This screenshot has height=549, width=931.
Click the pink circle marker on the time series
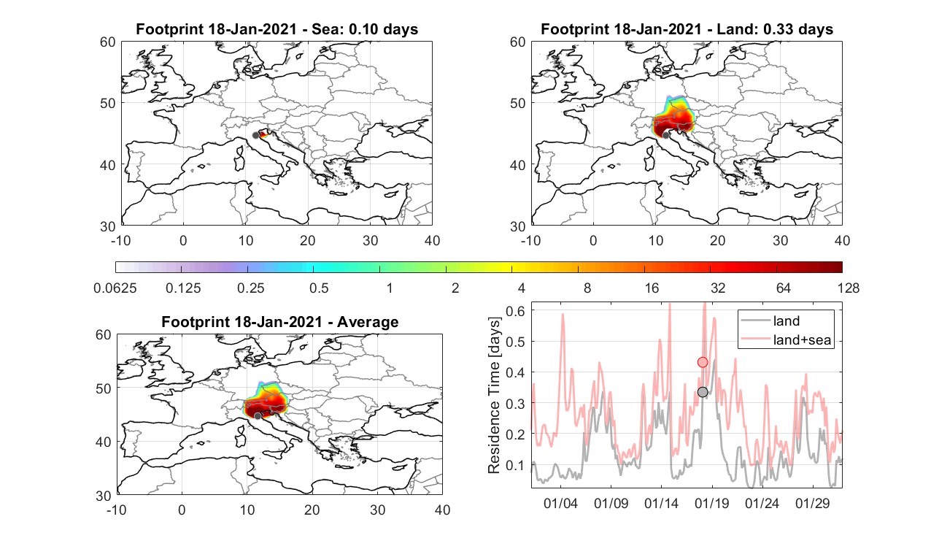tap(703, 362)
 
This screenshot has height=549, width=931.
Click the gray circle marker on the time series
tap(703, 392)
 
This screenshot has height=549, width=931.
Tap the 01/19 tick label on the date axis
tap(712, 503)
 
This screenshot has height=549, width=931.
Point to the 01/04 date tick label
tap(560, 503)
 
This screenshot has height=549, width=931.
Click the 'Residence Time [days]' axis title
tap(494, 396)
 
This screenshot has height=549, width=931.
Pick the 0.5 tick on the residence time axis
tap(515, 342)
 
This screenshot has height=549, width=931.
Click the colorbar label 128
tap(849, 288)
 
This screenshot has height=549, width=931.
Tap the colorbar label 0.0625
tap(115, 288)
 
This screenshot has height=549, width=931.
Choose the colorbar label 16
tap(652, 288)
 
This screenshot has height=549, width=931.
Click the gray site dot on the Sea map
tap(255, 136)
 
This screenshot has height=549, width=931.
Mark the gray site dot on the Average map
tap(258, 416)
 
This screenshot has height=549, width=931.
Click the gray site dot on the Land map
tap(665, 135)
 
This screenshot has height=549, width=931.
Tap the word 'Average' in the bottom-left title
tap(368, 322)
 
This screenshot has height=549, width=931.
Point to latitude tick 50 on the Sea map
tap(107, 104)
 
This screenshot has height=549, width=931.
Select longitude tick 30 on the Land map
tap(780, 240)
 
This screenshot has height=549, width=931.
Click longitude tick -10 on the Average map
tap(117, 510)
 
